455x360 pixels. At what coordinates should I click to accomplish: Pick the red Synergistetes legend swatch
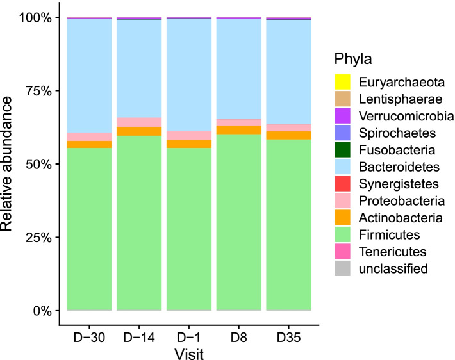point(343,184)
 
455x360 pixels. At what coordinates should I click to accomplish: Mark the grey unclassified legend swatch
point(343,269)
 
